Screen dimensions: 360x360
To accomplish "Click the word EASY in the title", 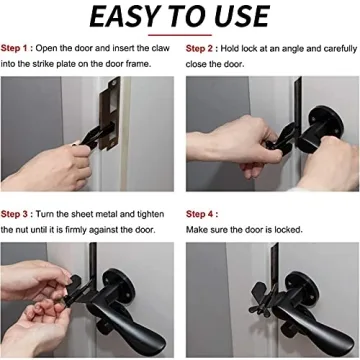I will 124,17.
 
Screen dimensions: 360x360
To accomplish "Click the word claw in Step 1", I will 158,48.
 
